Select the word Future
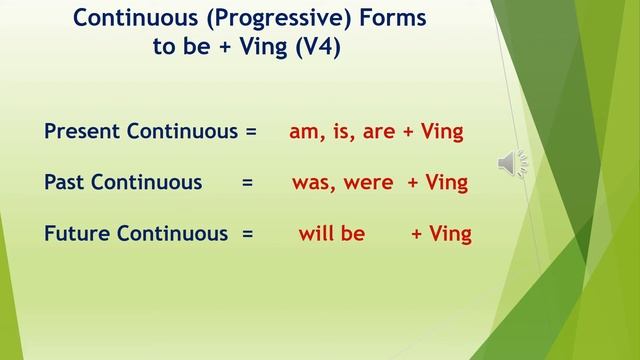(78, 234)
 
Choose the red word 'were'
(370, 183)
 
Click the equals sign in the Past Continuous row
(247, 183)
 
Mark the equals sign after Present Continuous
(251, 131)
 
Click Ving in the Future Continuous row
(450, 234)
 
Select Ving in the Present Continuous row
(442, 132)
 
